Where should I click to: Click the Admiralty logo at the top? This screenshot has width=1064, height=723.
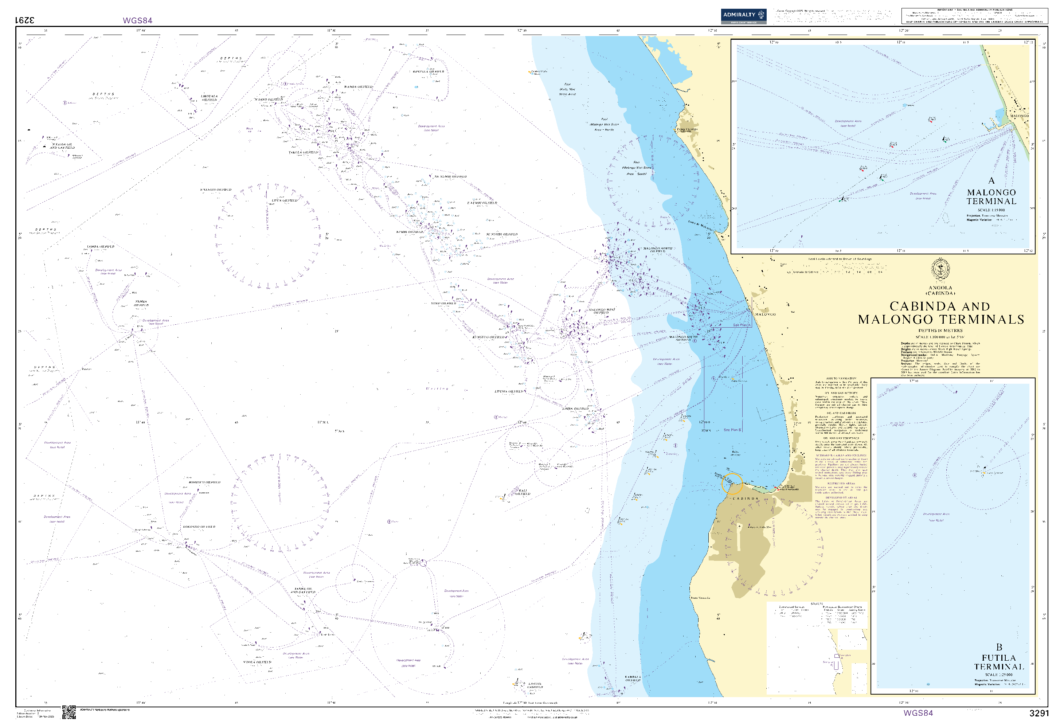tap(743, 16)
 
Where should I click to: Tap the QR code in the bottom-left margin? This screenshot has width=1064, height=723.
tap(69, 712)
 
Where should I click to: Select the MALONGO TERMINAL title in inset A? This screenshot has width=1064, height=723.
tap(991, 197)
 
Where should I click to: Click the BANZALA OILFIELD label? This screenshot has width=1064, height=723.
tap(428, 72)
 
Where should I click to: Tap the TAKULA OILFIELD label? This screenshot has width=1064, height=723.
tap(303, 152)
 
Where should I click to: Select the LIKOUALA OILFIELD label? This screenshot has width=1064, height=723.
tap(209, 98)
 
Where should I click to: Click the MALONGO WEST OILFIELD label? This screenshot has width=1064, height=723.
tap(602, 311)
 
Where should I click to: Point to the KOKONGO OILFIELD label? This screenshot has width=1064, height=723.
tap(199, 527)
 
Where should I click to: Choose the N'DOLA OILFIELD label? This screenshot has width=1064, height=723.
tap(257, 662)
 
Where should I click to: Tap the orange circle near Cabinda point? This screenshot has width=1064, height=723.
tap(732, 484)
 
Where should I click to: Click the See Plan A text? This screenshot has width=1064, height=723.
tap(741, 325)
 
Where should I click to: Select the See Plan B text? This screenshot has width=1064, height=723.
tap(732, 430)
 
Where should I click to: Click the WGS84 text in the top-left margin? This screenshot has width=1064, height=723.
tap(137, 20)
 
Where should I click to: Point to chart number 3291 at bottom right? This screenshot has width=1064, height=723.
tap(1038, 713)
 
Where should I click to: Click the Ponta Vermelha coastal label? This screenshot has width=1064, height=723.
tap(700, 598)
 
